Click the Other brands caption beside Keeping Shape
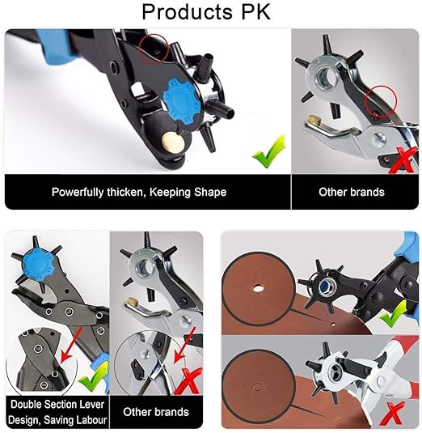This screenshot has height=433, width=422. click(x=350, y=193)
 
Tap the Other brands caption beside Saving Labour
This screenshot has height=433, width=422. click(x=155, y=412)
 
